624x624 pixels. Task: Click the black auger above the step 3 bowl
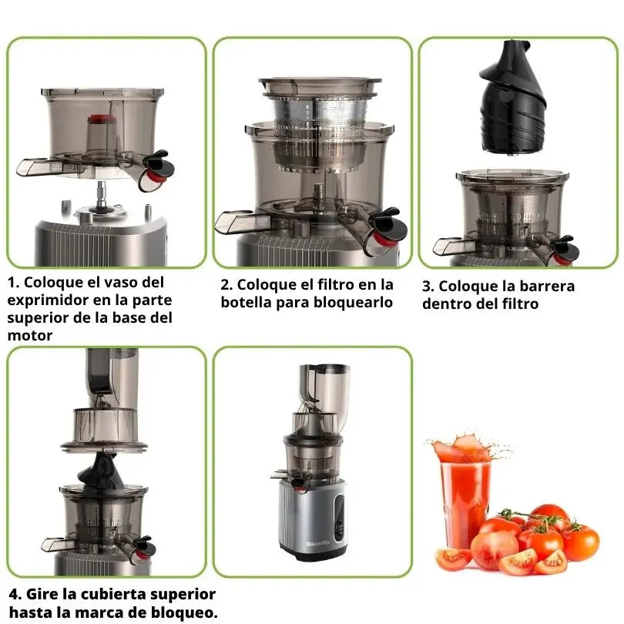click(513, 98)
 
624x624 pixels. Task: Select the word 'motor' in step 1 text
click(30, 335)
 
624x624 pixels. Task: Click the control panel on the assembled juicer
click(339, 518)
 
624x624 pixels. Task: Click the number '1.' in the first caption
click(14, 283)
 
